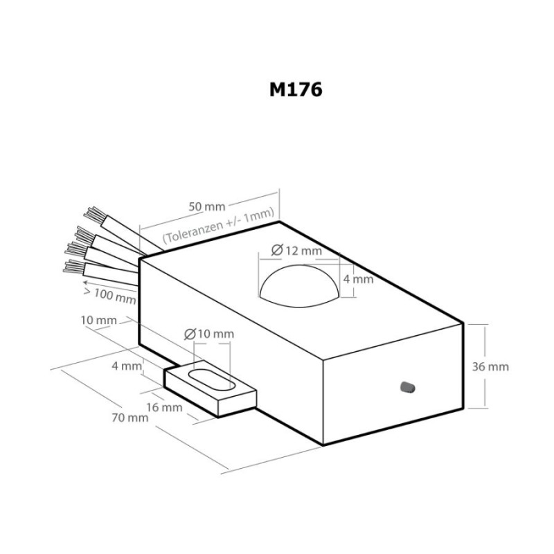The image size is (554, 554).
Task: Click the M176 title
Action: tap(296, 91)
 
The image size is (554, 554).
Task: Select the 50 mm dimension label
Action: tap(206, 206)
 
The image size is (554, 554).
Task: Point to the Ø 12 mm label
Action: tap(296, 250)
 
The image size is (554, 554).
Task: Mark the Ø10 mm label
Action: tap(209, 334)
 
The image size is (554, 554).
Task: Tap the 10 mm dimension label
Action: tap(98, 321)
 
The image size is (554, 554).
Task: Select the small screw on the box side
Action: tap(407, 388)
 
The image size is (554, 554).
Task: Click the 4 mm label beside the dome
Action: tap(359, 279)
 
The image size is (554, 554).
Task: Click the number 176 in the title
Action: tap(306, 91)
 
